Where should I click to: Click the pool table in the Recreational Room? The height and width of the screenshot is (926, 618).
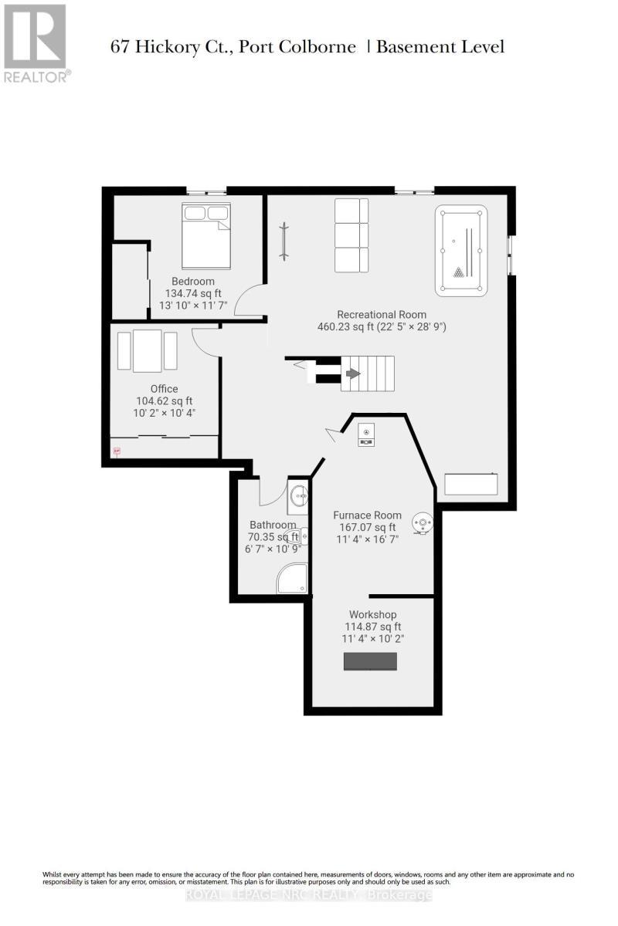point(461,251)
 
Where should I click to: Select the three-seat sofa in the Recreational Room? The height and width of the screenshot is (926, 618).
point(351,235)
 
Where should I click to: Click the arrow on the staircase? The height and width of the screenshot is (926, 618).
point(352,374)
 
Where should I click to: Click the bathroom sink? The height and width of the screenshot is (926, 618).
point(298,498)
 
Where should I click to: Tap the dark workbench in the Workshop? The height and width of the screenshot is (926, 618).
point(370,662)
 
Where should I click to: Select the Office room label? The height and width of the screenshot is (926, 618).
point(164,389)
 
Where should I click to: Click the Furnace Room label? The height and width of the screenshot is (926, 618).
point(367,515)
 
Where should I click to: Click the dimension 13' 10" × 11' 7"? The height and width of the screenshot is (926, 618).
point(193,306)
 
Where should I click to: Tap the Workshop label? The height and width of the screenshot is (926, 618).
point(373,614)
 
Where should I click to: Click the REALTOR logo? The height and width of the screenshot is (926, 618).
point(36,42)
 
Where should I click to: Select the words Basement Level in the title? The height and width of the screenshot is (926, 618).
point(440,47)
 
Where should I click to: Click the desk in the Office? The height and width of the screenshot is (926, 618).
point(147,350)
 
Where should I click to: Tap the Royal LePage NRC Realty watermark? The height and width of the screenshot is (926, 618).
point(309,895)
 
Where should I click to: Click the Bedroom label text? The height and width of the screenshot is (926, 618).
point(193,281)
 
